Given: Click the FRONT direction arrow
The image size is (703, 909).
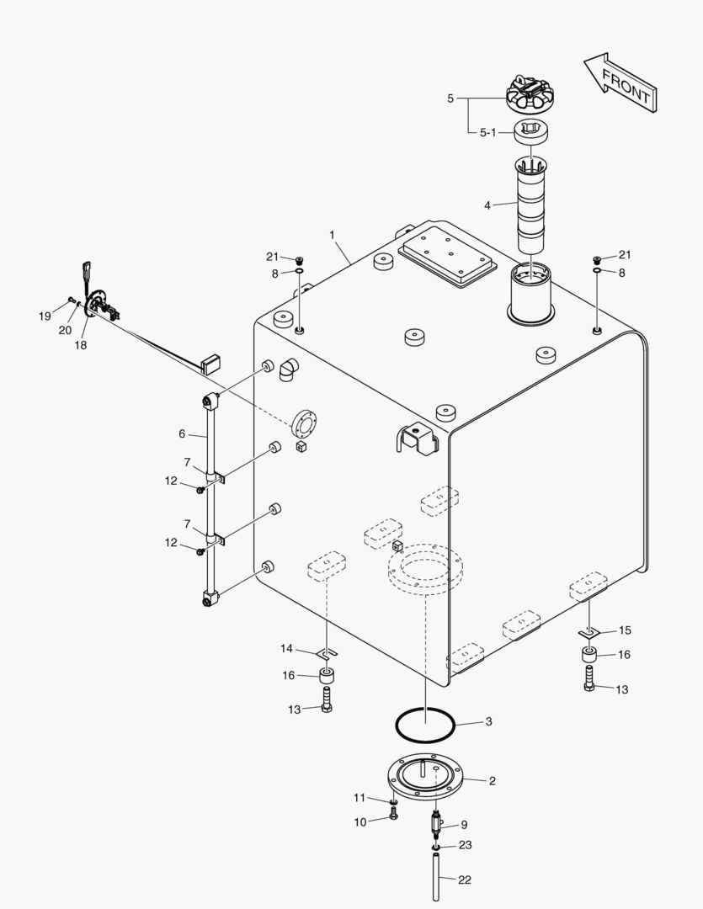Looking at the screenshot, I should pos(620,83).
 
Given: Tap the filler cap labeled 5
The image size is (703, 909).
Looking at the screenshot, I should pos(533,95).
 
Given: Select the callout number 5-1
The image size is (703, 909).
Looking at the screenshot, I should pos(488,132).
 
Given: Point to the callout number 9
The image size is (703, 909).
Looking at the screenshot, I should pos(463,825).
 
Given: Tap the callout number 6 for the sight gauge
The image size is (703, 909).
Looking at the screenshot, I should pos(182,433).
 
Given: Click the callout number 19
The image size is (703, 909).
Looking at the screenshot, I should pos(45,316).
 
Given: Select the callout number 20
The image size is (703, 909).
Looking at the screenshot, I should pos(65,330).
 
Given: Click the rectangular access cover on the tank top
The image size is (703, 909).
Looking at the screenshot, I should pos(446,255).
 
